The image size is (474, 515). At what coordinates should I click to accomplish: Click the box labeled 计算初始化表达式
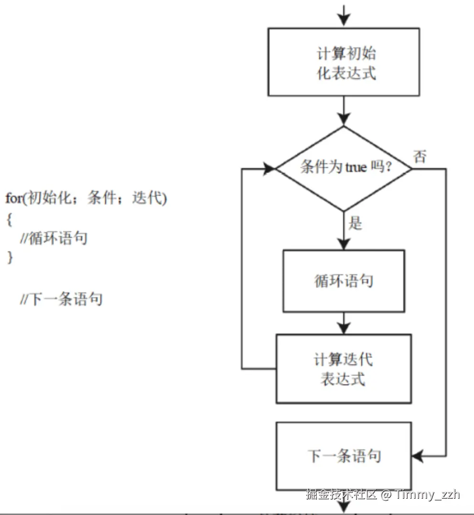pyautogui.click(x=344, y=62)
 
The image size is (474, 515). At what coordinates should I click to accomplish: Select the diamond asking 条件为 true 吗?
pyautogui.click(x=344, y=168)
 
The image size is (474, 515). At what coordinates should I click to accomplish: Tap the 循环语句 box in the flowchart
pyautogui.click(x=344, y=281)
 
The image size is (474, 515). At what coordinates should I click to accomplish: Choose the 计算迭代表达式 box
pyautogui.click(x=344, y=369)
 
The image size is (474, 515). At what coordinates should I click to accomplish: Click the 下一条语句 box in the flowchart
pyautogui.click(x=344, y=455)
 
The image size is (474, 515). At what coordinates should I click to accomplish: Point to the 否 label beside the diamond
pyautogui.click(x=420, y=157)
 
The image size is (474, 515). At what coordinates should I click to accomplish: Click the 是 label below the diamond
pyautogui.click(x=355, y=223)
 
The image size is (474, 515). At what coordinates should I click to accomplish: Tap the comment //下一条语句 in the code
pyautogui.click(x=61, y=300)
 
